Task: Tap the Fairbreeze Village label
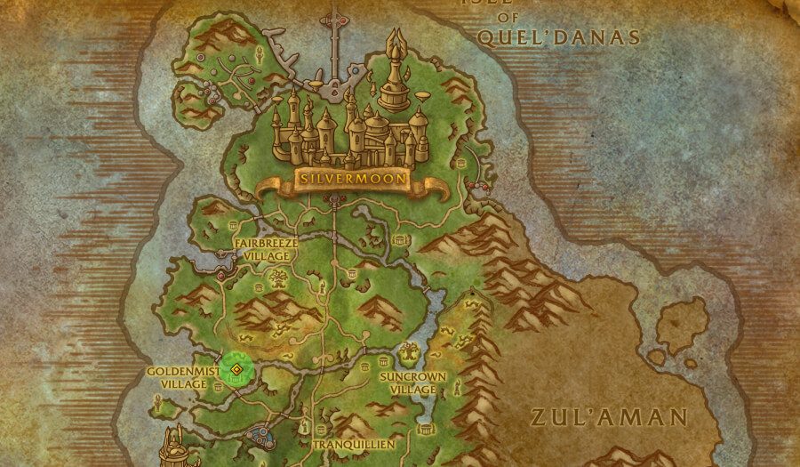(266, 248)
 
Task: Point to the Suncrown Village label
(413, 382)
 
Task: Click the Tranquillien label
(354, 444)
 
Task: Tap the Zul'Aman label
(609, 417)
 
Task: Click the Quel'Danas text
(559, 37)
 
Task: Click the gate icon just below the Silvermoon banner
(335, 202)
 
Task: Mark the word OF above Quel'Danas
(508, 17)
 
